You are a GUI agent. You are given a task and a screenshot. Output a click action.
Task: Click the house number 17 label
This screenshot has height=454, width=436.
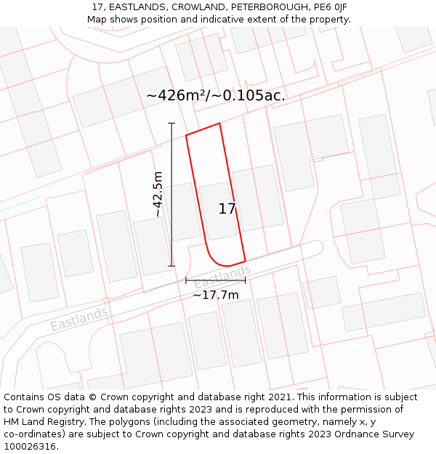227,209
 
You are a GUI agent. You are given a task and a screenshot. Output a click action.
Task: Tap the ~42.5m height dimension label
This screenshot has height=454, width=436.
158,194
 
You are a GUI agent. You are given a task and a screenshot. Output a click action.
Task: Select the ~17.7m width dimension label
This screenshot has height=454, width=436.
215,295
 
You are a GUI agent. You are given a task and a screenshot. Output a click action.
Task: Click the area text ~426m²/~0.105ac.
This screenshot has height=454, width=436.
216,95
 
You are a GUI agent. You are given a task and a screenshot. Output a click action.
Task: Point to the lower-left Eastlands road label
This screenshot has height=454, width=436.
79,320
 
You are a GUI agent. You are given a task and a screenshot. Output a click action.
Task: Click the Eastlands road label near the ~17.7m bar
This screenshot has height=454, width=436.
222,277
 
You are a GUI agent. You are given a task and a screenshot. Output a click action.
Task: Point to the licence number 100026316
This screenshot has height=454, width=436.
30,446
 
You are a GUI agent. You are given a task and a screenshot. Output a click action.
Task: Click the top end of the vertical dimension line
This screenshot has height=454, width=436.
172,123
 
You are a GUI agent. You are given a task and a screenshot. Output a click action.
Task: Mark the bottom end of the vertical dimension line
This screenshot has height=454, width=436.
172,266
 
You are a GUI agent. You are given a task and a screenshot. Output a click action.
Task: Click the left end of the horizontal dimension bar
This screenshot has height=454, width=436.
186,280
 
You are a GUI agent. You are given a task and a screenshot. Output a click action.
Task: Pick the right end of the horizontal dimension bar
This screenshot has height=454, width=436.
245,280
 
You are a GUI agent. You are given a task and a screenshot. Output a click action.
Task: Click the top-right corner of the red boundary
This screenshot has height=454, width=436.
219,123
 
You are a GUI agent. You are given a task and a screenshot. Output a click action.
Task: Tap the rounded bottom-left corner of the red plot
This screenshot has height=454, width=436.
213,259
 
